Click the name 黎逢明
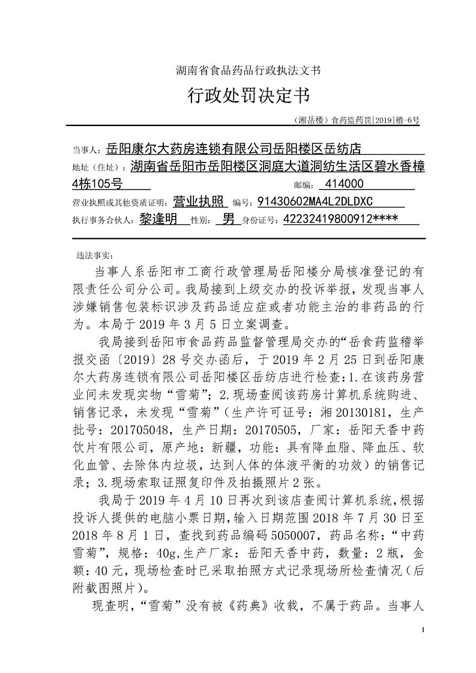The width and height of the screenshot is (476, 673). [x=157, y=219]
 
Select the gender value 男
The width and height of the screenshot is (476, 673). [x=228, y=219]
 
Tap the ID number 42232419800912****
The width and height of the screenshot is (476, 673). [x=340, y=219]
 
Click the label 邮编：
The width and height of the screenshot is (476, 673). [x=303, y=185]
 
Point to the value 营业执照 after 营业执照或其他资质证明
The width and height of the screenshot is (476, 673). [x=198, y=201]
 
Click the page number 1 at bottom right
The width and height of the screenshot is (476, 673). [x=424, y=630]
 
